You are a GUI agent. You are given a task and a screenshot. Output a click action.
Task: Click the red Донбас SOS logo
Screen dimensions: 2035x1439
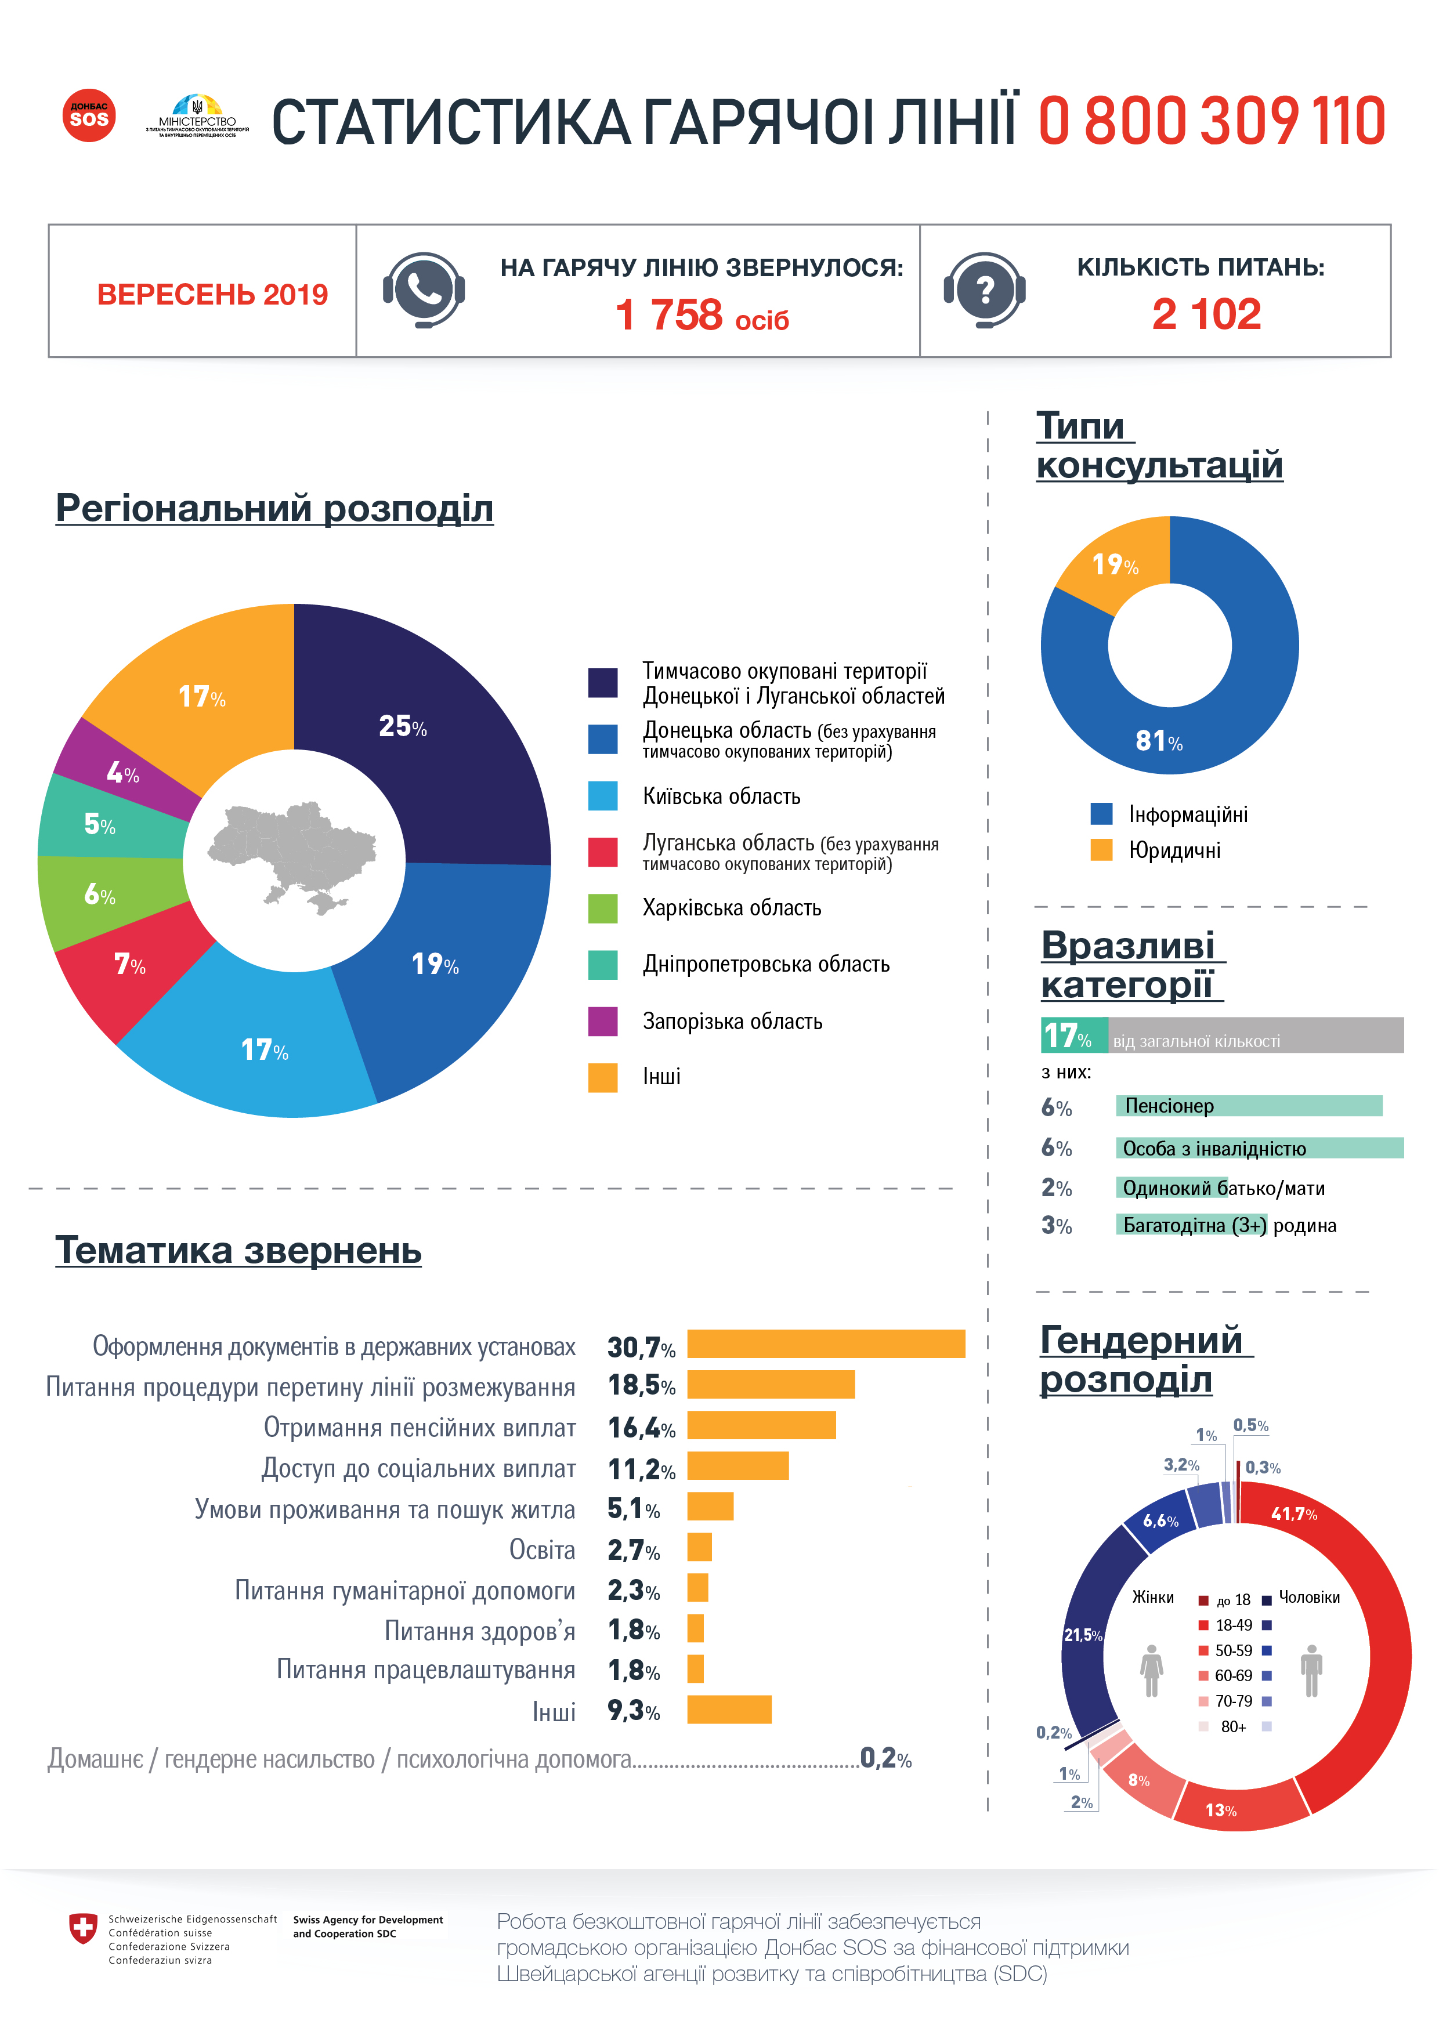89,115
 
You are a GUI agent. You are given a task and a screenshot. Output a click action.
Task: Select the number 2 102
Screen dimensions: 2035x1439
1206,314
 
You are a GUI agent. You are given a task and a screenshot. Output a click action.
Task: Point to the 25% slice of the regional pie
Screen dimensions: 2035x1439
417,736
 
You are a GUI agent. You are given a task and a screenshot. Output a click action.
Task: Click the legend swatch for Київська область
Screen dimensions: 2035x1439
603,796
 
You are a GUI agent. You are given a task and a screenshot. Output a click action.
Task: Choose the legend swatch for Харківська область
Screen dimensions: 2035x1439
603,908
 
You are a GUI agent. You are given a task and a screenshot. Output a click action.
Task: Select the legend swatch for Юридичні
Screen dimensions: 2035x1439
1101,850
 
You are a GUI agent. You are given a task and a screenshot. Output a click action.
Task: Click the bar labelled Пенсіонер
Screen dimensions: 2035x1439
1248,1105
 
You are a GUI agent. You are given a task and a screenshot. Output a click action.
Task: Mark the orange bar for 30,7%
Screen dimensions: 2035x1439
826,1344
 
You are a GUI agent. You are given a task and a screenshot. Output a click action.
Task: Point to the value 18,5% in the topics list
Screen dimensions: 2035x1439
641,1385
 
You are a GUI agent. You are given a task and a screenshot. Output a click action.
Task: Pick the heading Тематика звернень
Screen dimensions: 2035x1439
238,1250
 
